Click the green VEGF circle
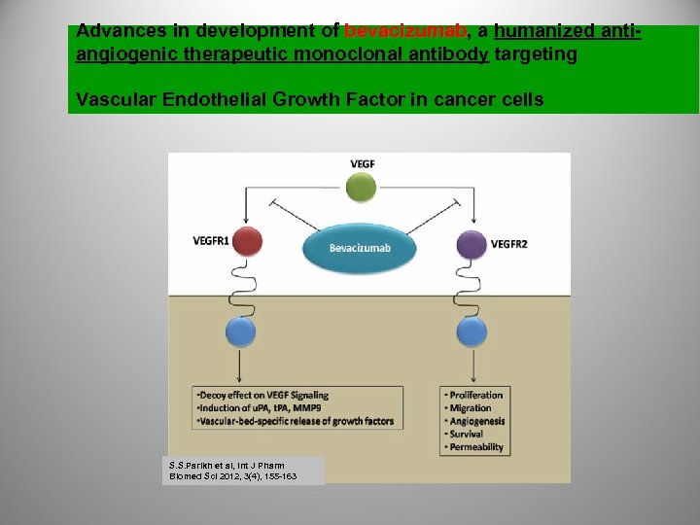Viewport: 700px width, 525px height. pyautogui.click(x=362, y=187)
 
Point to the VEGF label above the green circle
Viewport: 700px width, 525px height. pyautogui.click(x=362, y=163)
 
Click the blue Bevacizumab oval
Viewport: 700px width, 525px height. pyautogui.click(x=360, y=248)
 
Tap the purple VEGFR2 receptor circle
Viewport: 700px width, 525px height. pyautogui.click(x=472, y=244)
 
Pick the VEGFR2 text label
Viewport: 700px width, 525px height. pyautogui.click(x=509, y=243)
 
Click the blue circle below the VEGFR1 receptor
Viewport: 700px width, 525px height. pyautogui.click(x=241, y=333)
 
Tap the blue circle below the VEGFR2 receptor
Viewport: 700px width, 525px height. pyautogui.click(x=472, y=333)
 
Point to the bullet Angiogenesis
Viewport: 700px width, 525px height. pyautogui.click(x=475, y=421)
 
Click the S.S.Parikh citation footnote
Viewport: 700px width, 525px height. pyautogui.click(x=232, y=471)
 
